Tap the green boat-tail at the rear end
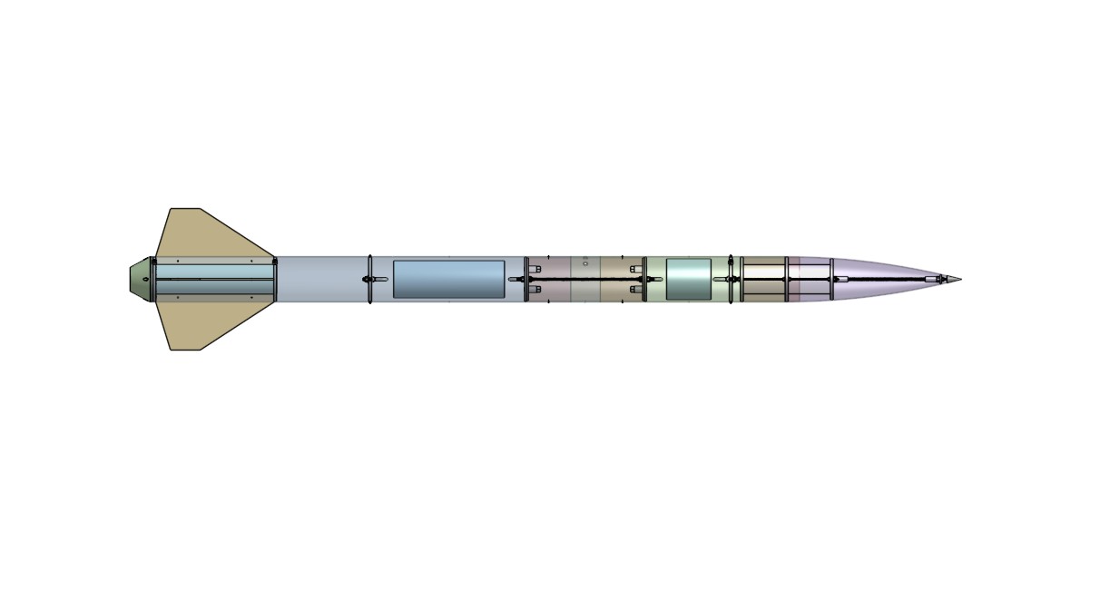click(140, 279)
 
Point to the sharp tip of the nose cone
click(959, 279)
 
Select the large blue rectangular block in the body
click(448, 279)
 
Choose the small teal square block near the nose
click(688, 279)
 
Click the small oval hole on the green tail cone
click(145, 279)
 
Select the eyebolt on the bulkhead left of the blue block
click(379, 279)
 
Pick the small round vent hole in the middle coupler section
click(585, 263)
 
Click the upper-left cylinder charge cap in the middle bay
click(535, 269)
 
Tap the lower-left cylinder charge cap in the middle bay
click(535, 289)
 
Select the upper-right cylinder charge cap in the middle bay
click(635, 269)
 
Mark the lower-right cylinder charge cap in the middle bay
click(635, 289)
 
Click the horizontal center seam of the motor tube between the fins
click(214, 279)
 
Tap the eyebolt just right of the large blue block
click(515, 279)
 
